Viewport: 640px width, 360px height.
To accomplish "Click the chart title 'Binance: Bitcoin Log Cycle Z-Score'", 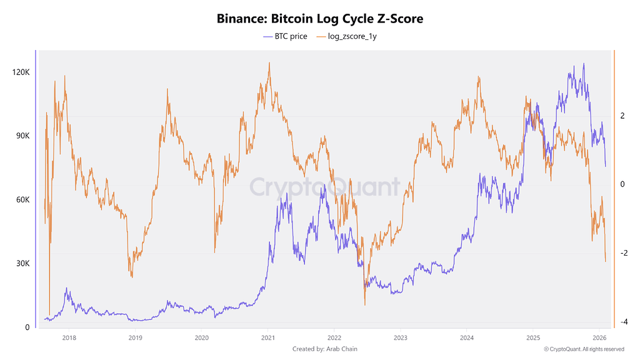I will [x=320, y=19].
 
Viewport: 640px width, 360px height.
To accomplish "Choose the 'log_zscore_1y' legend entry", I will [x=352, y=36].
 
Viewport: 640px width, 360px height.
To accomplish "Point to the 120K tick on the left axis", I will [x=21, y=72].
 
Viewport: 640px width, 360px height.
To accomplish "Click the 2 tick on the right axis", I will [x=622, y=116].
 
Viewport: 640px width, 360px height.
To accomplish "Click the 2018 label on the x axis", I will [x=69, y=337].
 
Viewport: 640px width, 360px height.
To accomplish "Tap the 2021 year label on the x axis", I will [x=267, y=337].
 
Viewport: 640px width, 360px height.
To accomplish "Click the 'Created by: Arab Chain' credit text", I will [x=325, y=349].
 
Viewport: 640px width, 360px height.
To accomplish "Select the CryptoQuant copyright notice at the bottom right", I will [x=584, y=349].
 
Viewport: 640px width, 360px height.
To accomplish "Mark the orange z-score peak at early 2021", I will [x=269, y=63].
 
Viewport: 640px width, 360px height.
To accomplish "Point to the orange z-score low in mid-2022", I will [x=364, y=304].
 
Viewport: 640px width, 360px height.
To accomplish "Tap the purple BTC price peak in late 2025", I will [x=584, y=64].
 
